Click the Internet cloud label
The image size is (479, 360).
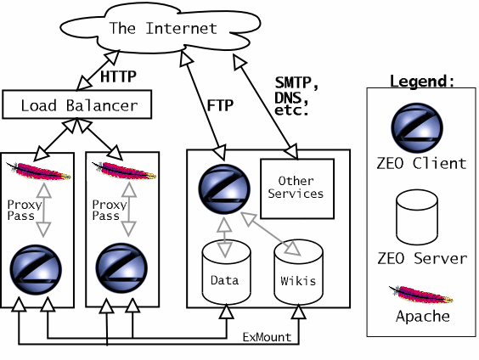click(163, 28)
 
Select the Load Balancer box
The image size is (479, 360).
click(77, 104)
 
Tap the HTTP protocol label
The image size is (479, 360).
click(118, 76)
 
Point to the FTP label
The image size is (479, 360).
click(220, 105)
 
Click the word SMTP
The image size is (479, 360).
click(296, 82)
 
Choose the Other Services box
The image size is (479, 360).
click(297, 188)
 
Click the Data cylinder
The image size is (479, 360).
click(227, 272)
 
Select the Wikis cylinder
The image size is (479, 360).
click(298, 272)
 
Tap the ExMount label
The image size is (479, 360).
click(267, 337)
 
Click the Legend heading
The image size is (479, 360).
click(422, 82)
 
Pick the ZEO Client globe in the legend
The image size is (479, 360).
click(417, 128)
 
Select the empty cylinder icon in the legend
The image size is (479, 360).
click(417, 217)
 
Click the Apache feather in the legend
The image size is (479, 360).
click(420, 294)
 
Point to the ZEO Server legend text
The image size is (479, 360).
click(422, 258)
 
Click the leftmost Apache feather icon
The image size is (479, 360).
click(38, 171)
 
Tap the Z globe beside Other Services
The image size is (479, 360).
click(224, 189)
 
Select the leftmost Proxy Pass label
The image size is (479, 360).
click(24, 210)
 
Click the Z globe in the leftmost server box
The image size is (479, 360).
click(36, 269)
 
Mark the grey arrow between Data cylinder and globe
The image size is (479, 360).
click(225, 237)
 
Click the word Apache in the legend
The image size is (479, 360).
click(423, 317)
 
